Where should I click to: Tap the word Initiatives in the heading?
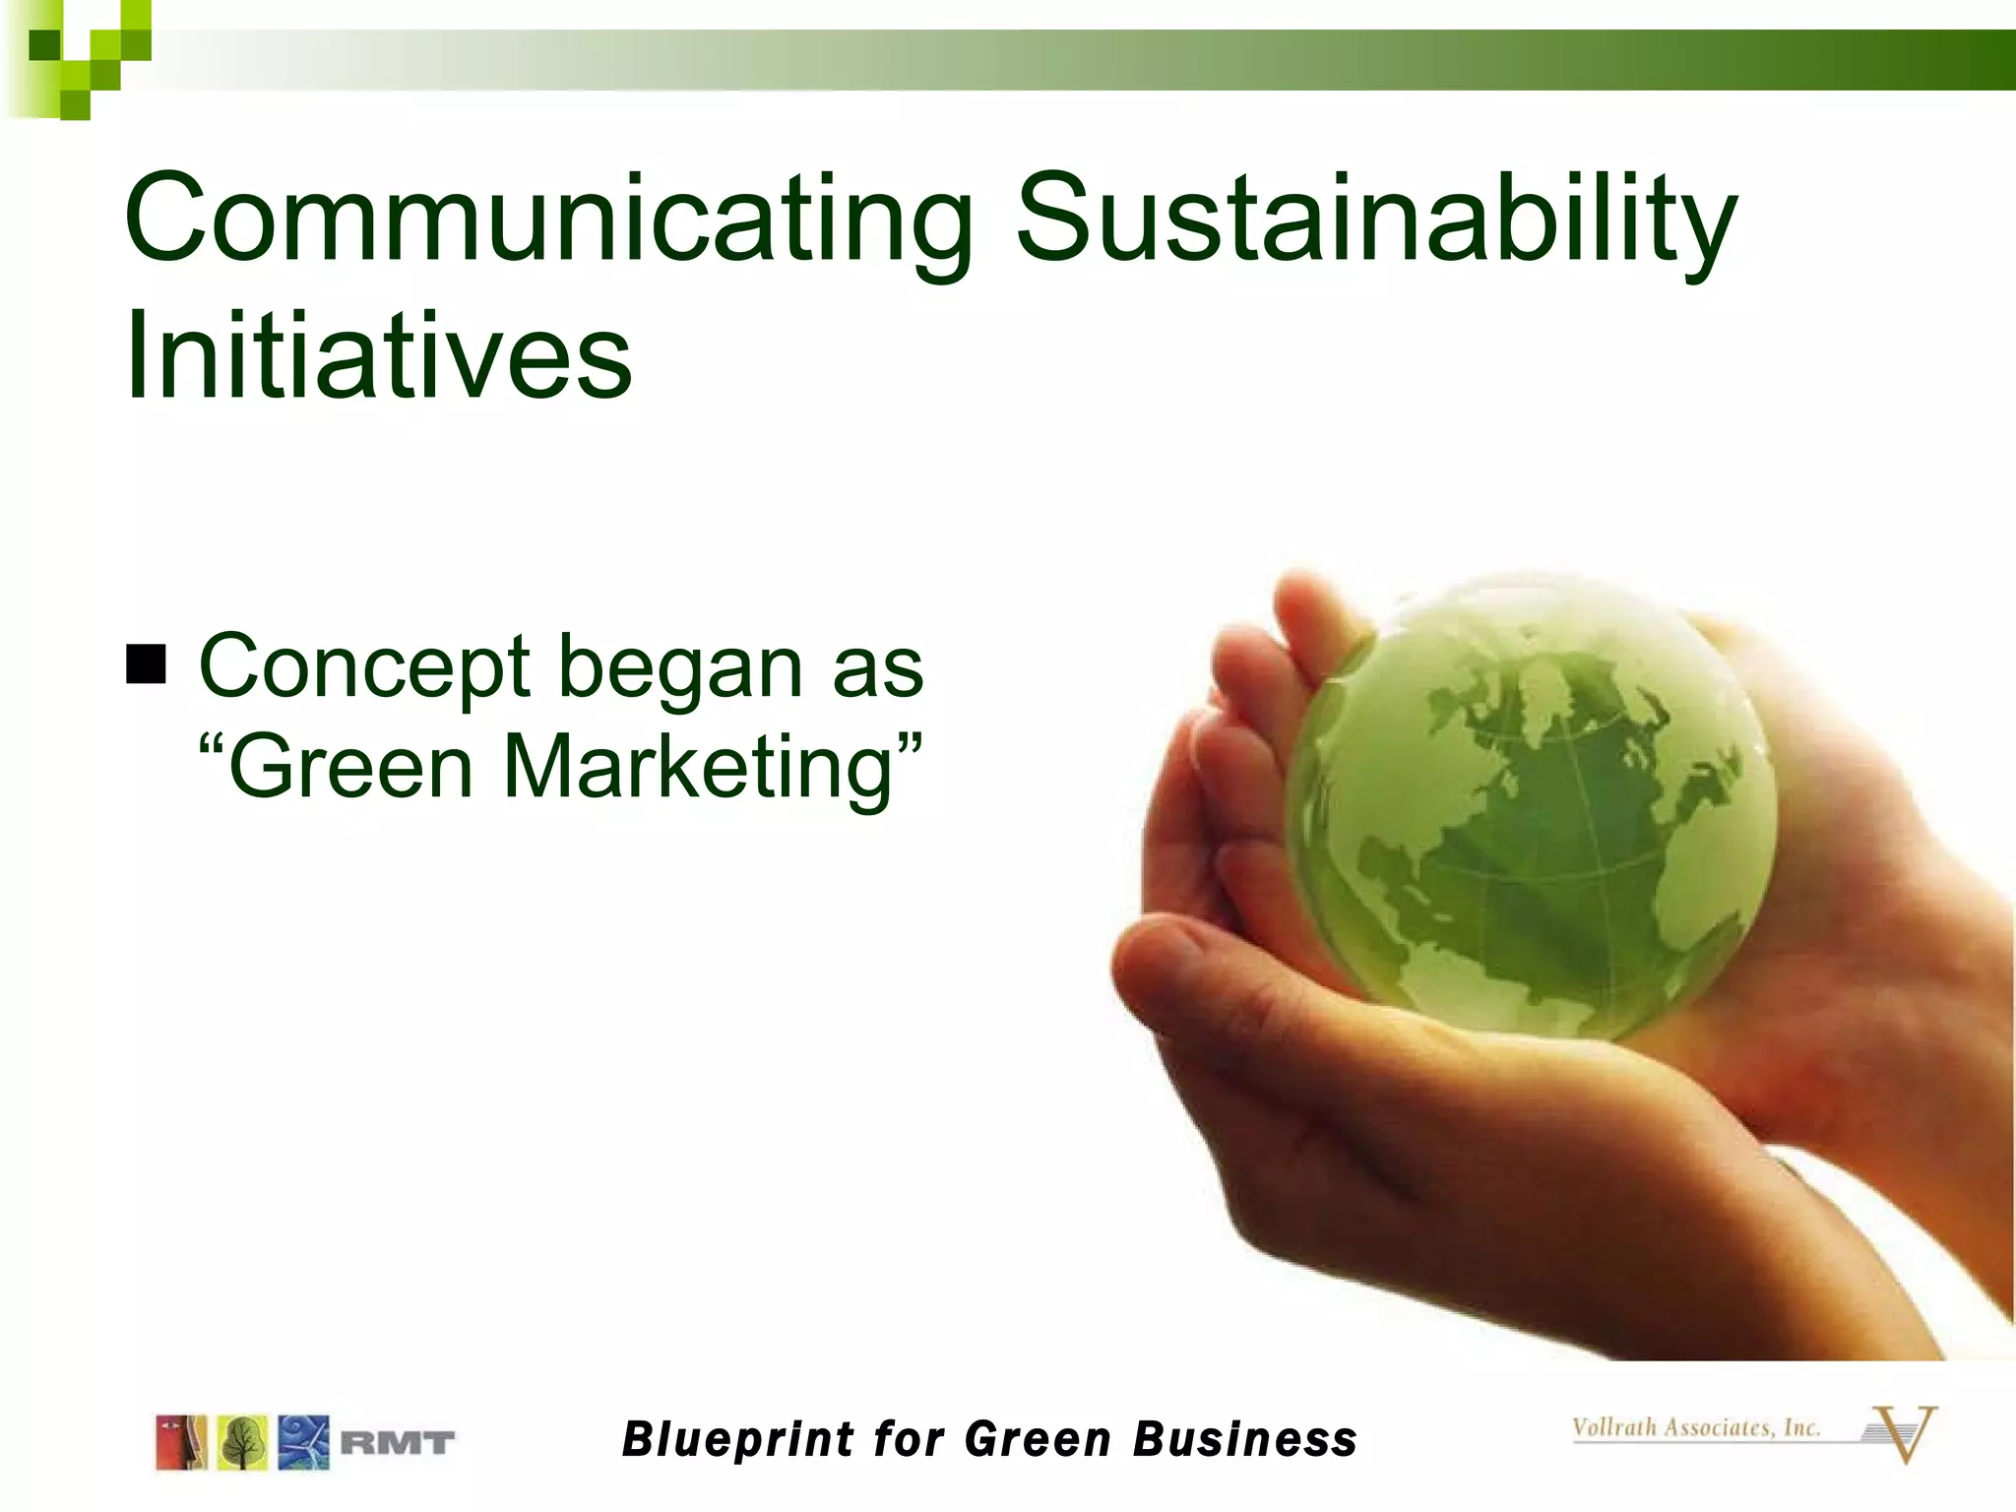click(x=378, y=355)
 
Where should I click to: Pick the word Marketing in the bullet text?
click(x=698, y=767)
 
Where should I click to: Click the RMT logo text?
click(x=398, y=1444)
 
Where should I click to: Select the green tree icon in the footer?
click(x=242, y=1443)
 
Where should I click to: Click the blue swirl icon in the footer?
click(x=303, y=1443)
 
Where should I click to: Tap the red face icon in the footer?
click(x=181, y=1443)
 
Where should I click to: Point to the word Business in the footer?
click(x=1244, y=1439)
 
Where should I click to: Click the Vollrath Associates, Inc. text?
click(x=1695, y=1427)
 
